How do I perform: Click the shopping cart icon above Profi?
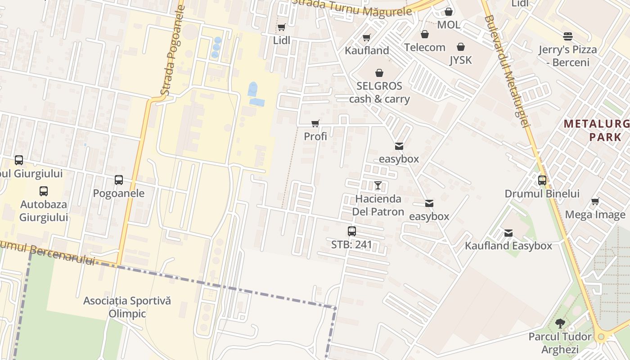pos(315,123)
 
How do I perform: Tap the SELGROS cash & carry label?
pos(379,92)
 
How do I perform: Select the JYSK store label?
pos(460,60)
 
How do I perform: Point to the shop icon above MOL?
pos(449,12)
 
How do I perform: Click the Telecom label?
pos(424,47)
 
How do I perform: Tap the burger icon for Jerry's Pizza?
pos(568,36)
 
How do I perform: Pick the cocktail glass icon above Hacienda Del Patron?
pos(378,185)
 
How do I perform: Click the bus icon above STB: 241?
pos(352,231)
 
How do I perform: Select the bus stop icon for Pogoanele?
pos(119,180)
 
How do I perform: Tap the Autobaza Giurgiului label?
pos(44,211)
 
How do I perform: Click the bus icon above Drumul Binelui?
pos(542,180)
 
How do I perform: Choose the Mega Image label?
pos(595,215)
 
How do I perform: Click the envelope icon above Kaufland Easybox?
pos(508,233)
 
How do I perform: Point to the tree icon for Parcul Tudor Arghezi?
pos(560,323)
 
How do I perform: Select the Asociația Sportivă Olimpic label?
pos(127,307)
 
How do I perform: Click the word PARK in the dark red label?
pos(605,137)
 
